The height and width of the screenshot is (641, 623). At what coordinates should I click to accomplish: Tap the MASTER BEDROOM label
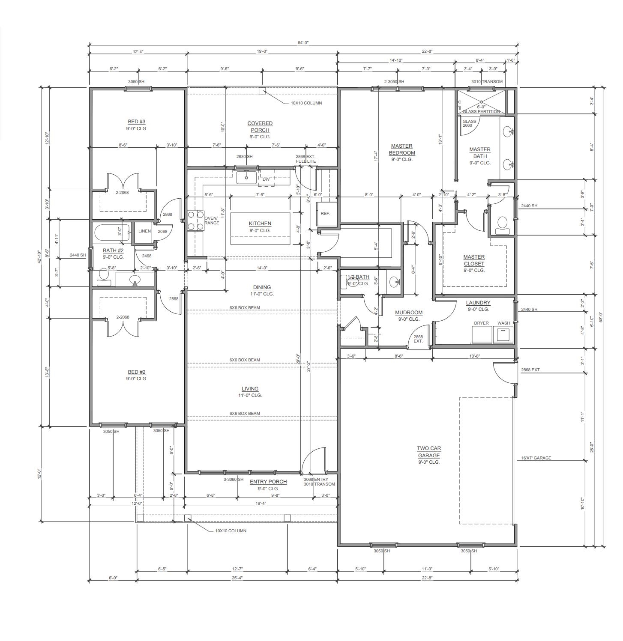point(402,149)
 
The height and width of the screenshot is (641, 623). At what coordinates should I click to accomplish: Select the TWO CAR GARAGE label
point(428,452)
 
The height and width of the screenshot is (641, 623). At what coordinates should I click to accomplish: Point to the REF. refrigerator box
point(326,213)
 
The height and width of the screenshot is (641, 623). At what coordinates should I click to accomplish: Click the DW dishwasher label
point(266,179)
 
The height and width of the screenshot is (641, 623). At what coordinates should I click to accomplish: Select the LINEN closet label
point(144,231)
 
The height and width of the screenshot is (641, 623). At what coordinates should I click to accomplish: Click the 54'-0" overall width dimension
point(303,42)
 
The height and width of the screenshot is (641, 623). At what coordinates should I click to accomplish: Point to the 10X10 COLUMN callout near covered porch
point(306,103)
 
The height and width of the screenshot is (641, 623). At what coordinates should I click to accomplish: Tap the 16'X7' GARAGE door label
point(536,458)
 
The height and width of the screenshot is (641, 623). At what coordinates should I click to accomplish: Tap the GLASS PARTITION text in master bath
point(481,112)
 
